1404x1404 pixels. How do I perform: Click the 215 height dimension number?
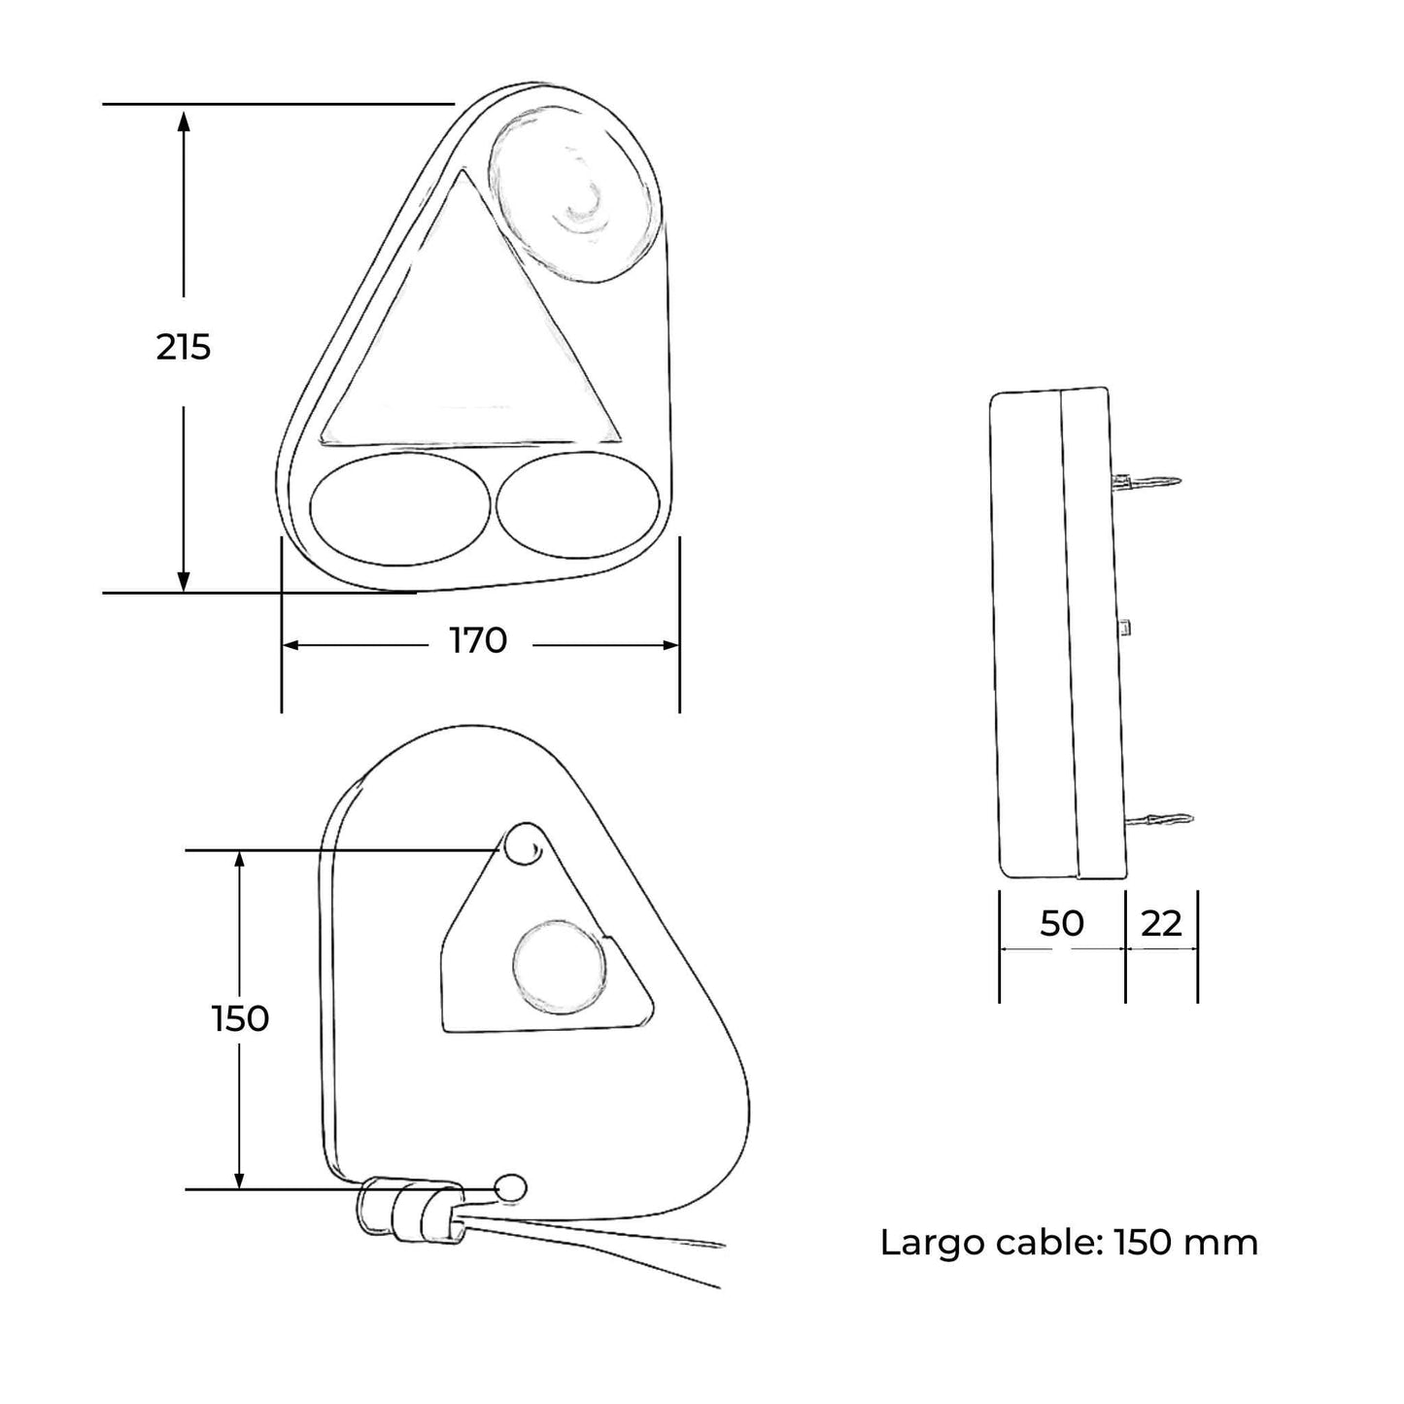[x=184, y=347]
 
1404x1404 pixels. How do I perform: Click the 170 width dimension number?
[x=478, y=641]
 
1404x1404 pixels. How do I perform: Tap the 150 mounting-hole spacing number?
[x=240, y=1018]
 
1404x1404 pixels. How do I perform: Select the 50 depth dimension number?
[x=1061, y=923]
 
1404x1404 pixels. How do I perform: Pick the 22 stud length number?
[x=1161, y=923]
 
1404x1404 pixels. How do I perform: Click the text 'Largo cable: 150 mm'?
[x=1069, y=1242]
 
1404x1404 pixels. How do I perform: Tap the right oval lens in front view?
[x=578, y=505]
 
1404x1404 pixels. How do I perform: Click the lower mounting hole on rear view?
[x=511, y=1187]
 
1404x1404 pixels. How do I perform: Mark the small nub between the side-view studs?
[x=1125, y=627]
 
